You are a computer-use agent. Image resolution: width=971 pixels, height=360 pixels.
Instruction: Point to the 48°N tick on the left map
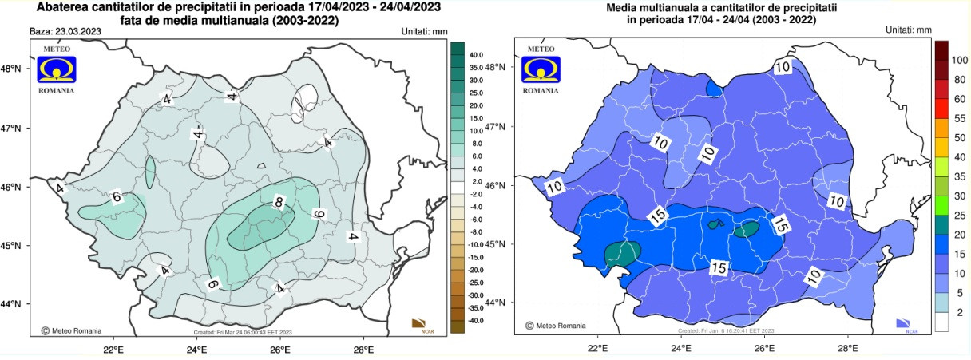point(14,69)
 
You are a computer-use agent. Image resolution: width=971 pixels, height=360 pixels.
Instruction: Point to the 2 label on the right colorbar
point(959,310)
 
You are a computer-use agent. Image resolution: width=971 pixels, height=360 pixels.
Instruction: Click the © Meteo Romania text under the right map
point(556,326)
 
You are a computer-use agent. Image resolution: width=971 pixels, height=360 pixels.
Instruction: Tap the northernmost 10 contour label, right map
point(782,68)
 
